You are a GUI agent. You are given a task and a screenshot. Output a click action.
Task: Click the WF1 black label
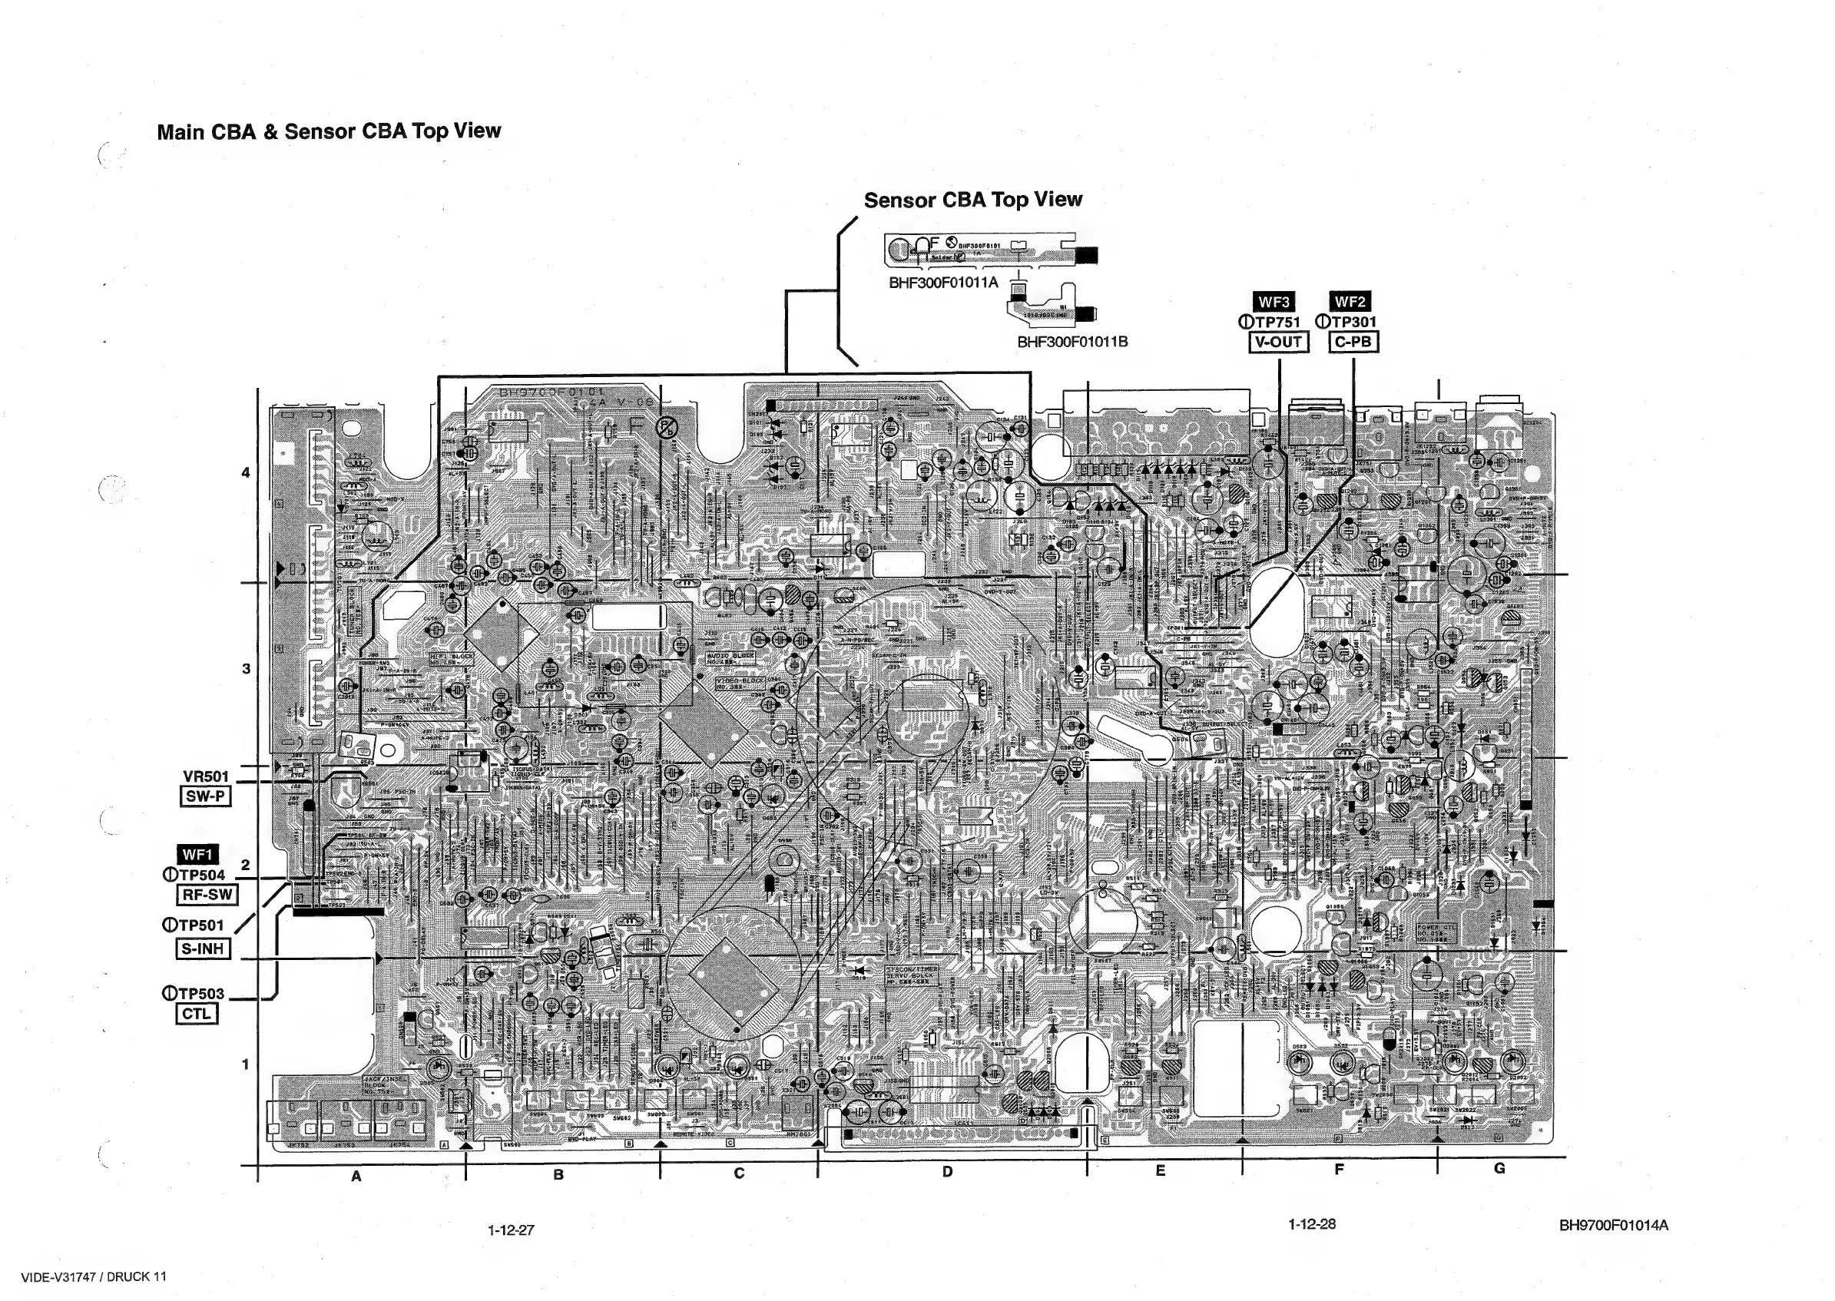(197, 854)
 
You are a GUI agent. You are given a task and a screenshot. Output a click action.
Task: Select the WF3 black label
(1274, 302)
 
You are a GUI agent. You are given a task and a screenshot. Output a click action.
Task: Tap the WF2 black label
(1350, 302)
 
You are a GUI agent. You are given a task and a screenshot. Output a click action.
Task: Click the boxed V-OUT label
(1278, 342)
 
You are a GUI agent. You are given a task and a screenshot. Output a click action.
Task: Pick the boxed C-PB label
(1353, 342)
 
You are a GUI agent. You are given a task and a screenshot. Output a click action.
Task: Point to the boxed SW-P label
(206, 796)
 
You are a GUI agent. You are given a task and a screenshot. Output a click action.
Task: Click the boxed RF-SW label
(207, 895)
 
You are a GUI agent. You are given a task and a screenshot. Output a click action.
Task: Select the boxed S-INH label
(203, 948)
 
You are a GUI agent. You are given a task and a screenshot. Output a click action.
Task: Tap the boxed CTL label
(196, 1015)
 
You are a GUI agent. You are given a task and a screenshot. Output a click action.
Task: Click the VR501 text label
(206, 776)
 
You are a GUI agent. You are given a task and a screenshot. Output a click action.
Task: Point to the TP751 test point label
(1277, 322)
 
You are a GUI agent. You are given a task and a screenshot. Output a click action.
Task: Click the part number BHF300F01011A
(943, 283)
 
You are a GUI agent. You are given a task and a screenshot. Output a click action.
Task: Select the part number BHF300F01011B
(1072, 342)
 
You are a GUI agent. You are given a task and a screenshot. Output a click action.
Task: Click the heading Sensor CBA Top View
(972, 200)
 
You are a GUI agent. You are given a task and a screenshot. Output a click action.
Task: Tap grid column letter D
(947, 1172)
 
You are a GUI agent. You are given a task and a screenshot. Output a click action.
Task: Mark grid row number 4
(246, 472)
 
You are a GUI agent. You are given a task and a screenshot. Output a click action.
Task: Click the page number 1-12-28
(1312, 1224)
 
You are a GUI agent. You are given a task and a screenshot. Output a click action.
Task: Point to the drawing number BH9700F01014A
(1613, 1225)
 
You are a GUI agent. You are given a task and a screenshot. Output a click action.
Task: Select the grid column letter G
(1499, 1168)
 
